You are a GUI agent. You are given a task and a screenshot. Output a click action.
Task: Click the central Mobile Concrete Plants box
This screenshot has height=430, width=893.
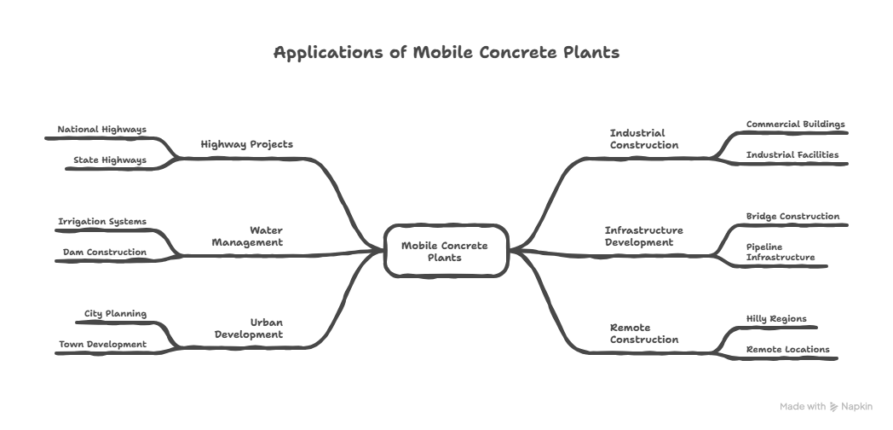[x=446, y=251]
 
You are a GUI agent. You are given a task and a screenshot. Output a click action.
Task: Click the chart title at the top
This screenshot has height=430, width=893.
[x=446, y=53]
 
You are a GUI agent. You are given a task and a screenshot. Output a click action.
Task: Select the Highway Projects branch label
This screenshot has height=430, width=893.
[x=246, y=144]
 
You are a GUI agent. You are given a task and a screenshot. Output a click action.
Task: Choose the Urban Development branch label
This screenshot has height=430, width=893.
[x=249, y=328]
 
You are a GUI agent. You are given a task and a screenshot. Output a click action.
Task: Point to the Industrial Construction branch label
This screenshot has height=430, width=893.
[x=643, y=139]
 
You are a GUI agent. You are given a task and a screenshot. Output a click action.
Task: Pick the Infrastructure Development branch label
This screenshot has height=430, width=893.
[x=643, y=236]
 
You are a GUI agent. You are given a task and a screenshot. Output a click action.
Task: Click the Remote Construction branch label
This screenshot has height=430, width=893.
[x=643, y=334]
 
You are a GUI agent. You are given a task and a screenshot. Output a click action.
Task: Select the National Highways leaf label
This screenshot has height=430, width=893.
[x=102, y=130]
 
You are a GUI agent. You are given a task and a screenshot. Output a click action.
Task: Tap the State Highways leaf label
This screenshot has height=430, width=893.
[x=109, y=160]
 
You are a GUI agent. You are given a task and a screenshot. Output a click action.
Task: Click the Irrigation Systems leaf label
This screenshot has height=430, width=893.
[x=102, y=222]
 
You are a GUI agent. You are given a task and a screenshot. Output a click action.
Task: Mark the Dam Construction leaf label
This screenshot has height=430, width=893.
[x=105, y=253]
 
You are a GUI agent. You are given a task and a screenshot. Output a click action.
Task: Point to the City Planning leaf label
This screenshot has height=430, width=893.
[x=115, y=314]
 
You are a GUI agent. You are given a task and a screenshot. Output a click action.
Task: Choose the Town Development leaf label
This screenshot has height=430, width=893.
[x=102, y=345]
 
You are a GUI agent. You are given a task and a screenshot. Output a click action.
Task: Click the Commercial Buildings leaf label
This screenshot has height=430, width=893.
[x=795, y=124]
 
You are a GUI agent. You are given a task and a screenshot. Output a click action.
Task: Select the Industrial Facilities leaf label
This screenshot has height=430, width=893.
[x=792, y=155]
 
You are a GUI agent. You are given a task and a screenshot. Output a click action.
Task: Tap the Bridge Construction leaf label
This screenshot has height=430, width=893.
[x=792, y=217]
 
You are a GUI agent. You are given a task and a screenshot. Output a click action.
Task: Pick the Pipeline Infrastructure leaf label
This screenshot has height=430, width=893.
[x=780, y=252]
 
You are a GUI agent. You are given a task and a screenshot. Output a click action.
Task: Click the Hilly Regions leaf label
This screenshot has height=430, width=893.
[x=775, y=318]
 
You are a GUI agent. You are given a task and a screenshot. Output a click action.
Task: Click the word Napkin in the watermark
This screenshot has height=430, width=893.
[x=856, y=407]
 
